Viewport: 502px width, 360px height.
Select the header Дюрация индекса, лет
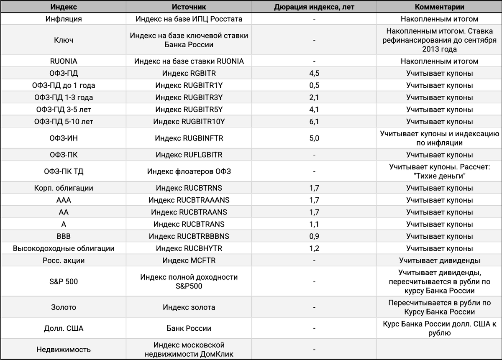tap(314, 7)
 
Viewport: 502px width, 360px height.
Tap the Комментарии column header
tap(439, 7)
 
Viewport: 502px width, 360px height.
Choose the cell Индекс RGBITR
tap(189, 74)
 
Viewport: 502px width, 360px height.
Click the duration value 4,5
tap(314, 74)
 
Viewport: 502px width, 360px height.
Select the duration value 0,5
tap(314, 86)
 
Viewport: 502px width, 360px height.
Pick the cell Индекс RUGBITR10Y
tap(189, 122)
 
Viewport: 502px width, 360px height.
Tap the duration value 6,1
tap(314, 122)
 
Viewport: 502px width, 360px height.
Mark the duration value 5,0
tap(314, 138)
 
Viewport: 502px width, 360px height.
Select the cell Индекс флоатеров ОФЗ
tap(189, 171)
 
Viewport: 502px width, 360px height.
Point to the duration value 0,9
tap(314, 236)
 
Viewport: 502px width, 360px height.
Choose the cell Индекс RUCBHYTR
tap(189, 248)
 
